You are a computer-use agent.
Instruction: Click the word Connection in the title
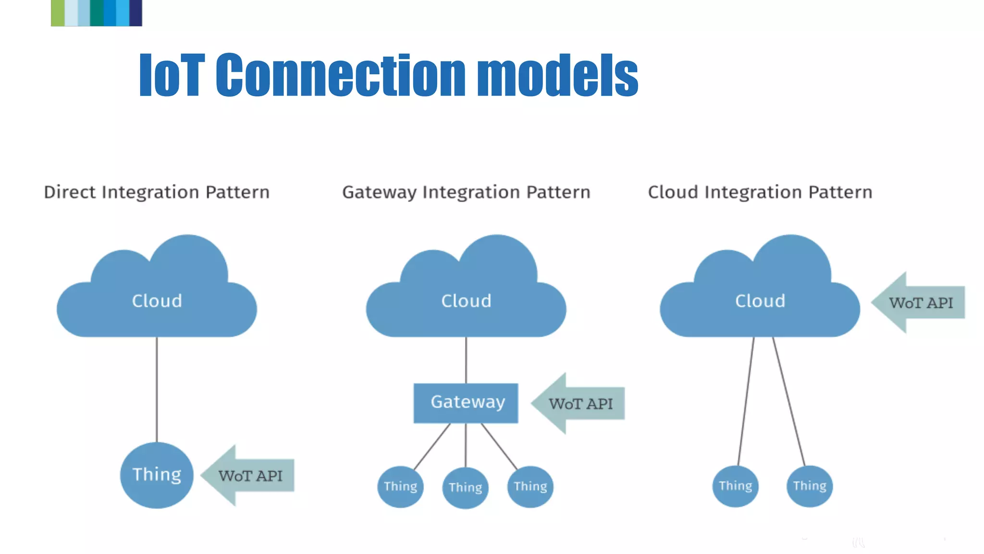340,75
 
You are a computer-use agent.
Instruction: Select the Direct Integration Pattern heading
157,192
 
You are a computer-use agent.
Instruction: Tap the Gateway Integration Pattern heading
466,192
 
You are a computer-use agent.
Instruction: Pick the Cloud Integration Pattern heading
760,192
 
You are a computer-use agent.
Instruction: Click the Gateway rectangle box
466,403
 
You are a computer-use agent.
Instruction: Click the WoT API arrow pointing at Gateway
579,403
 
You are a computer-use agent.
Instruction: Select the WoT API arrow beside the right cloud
919,302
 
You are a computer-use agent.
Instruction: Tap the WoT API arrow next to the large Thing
248,476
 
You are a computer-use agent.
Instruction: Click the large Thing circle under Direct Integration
157,475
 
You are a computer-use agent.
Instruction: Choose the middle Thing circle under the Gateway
465,488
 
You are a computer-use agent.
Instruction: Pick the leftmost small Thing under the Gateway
400,487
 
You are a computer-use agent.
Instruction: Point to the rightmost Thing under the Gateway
530,487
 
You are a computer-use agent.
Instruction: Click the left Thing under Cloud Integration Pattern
736,486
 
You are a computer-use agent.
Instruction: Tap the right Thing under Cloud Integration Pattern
810,486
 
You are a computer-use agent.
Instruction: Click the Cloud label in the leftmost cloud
157,301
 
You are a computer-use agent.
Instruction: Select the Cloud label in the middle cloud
466,301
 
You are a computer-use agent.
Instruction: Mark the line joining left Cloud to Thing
157,390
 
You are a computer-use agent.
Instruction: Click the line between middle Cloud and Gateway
466,360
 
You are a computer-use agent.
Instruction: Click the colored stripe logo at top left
96,13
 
